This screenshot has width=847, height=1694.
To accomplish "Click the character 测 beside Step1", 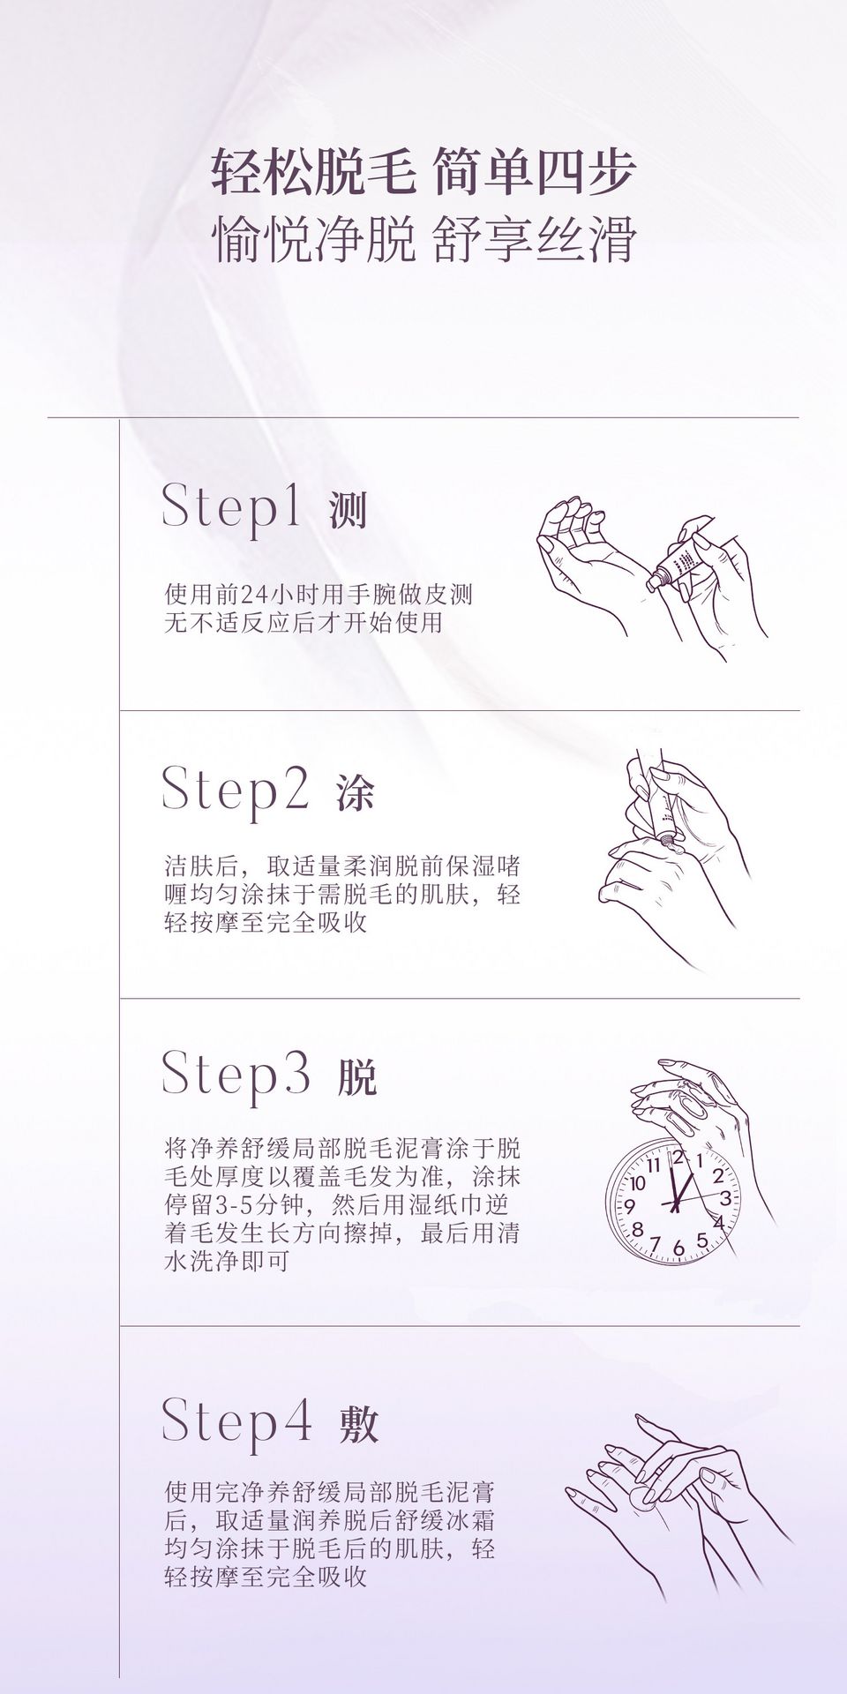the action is tap(348, 510).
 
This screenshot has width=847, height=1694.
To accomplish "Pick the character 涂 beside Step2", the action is tap(356, 793).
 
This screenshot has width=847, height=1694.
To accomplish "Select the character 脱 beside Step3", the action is tap(357, 1076).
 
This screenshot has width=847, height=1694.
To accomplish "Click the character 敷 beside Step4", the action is tap(358, 1423).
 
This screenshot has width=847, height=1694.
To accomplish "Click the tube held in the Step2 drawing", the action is tap(662, 805).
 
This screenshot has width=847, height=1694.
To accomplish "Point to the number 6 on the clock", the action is tap(678, 1248).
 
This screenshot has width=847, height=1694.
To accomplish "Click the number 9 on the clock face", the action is tap(630, 1204).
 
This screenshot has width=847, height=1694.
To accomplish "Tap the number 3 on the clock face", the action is tap(725, 1198).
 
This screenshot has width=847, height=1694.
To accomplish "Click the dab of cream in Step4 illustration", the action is tap(637, 1494).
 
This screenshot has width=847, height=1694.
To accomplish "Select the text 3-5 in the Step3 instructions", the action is tap(240, 1205).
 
